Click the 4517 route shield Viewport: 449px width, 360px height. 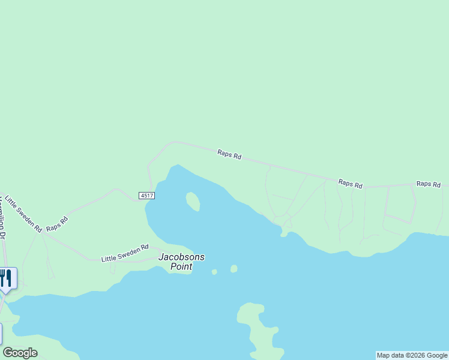[146, 196]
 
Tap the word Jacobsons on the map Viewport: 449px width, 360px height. [181, 257]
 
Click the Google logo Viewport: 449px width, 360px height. [20, 353]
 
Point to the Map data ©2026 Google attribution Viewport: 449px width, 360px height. [412, 355]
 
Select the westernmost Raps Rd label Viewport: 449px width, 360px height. [58, 224]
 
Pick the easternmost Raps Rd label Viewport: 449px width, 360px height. [429, 184]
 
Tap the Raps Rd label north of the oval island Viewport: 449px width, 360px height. [229, 155]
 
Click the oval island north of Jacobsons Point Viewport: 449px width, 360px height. [193, 201]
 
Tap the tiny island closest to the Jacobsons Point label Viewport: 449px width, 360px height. [214, 272]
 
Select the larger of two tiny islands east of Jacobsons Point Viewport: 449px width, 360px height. [234, 269]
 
